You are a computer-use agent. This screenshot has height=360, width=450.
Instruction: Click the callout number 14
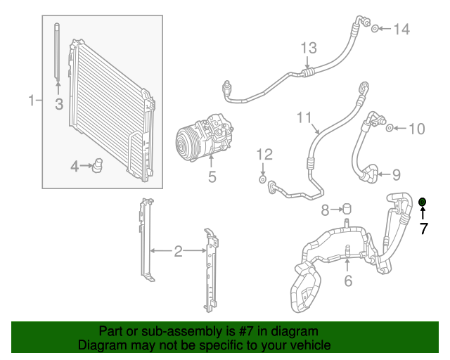point(401,29)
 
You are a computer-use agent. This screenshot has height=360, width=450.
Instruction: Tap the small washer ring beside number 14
point(376,28)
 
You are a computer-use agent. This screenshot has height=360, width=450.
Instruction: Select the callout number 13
point(309,48)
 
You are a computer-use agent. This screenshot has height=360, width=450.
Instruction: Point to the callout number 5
point(212,177)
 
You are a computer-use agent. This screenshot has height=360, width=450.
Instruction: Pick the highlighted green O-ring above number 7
point(423,202)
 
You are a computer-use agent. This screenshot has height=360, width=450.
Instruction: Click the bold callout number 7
point(423,229)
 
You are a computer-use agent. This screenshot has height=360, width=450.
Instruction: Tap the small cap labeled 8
point(346,209)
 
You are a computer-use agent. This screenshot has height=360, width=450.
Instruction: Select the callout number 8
point(325,210)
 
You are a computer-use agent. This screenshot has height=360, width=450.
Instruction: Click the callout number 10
point(417,129)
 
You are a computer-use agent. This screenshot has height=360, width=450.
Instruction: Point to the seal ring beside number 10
point(390,128)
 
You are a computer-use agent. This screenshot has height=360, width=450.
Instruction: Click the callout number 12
point(263,153)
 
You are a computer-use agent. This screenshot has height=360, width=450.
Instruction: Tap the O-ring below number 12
point(262,181)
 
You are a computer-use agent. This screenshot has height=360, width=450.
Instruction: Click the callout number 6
point(347,281)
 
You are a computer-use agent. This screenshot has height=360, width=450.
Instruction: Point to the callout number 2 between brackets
point(178,250)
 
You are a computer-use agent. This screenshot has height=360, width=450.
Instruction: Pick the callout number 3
point(59,105)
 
